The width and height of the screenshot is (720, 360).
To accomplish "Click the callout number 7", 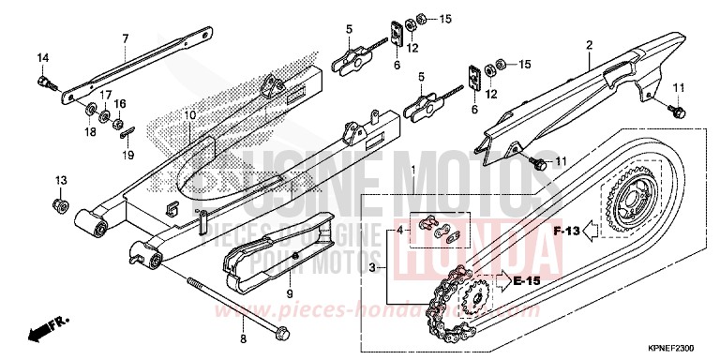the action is [124, 37].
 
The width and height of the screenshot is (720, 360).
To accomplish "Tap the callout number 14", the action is [42, 59].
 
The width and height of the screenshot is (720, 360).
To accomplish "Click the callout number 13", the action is [61, 179].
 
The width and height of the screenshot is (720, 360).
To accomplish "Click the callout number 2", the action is [590, 44].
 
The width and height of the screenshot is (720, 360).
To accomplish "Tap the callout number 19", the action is [129, 156].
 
